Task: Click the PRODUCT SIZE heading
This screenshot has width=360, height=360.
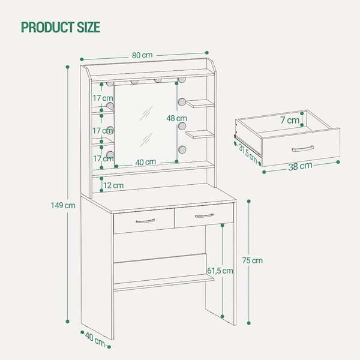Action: (61, 27)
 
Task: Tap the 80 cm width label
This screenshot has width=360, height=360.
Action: (142, 55)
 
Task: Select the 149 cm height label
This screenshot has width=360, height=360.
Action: (63, 205)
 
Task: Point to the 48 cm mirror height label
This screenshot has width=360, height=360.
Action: (176, 118)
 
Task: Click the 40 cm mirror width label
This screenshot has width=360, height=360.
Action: (146, 163)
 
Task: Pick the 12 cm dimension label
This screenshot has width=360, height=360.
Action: (113, 185)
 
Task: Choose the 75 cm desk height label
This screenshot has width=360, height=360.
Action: (252, 260)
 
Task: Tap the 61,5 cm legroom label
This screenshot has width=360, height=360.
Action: (220, 271)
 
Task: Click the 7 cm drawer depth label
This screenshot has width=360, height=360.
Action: (290, 120)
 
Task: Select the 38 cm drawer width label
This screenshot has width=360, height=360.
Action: (300, 166)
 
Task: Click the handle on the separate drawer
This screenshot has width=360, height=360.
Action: (303, 149)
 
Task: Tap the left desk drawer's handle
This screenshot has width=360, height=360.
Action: (145, 221)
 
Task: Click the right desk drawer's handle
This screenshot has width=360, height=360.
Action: (204, 215)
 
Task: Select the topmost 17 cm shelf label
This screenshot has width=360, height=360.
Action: (103, 98)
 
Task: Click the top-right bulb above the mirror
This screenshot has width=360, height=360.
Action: (182, 80)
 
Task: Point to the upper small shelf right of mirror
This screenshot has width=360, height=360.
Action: (200, 104)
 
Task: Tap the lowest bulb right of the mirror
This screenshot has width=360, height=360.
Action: (182, 149)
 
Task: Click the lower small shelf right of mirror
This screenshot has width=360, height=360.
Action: (200, 134)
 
